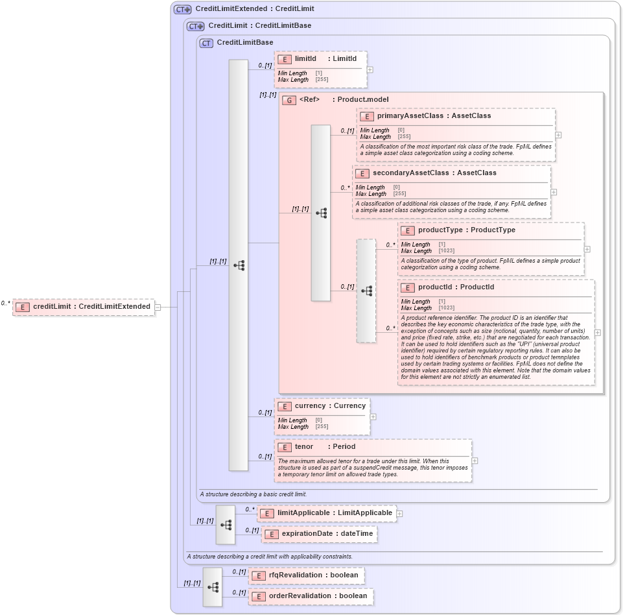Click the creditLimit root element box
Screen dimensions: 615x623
[x=83, y=307]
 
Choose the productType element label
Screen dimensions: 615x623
[x=440, y=230]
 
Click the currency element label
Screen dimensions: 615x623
[x=310, y=406]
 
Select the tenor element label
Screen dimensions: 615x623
[x=304, y=447]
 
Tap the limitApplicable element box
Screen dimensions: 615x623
[x=327, y=513]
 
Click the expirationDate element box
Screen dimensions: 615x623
[x=319, y=534]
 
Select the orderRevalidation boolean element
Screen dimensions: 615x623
[x=311, y=596]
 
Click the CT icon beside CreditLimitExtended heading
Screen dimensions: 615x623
[x=182, y=10]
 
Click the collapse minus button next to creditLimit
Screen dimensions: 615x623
[x=158, y=307]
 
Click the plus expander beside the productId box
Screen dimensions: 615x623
[x=597, y=332]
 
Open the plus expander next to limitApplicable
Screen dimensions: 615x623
[x=399, y=514]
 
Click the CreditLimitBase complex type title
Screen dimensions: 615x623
[x=244, y=43]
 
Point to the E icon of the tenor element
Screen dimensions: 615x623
[x=284, y=448]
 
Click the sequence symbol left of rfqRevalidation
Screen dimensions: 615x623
[x=213, y=586]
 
